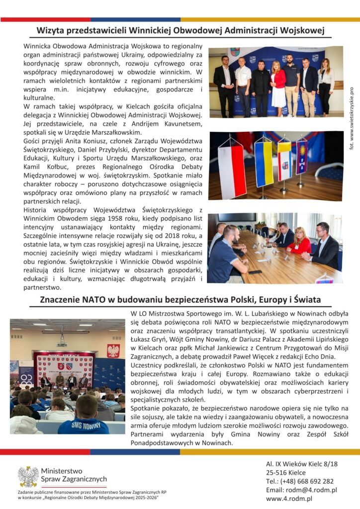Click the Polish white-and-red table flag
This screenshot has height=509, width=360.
(232, 171)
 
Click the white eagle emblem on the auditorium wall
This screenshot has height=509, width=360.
(113, 351)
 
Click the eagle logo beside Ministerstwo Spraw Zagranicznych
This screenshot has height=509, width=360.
(28, 476)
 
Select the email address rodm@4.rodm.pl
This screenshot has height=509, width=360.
(301, 490)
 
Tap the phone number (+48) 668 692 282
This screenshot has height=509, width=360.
(300, 481)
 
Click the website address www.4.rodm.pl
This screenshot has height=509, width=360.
(289, 499)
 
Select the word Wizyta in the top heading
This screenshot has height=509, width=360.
(52, 31)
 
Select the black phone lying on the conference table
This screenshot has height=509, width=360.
(255, 272)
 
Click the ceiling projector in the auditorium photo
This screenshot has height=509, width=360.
(62, 343)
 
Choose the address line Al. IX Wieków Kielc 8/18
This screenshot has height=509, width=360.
(301, 464)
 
